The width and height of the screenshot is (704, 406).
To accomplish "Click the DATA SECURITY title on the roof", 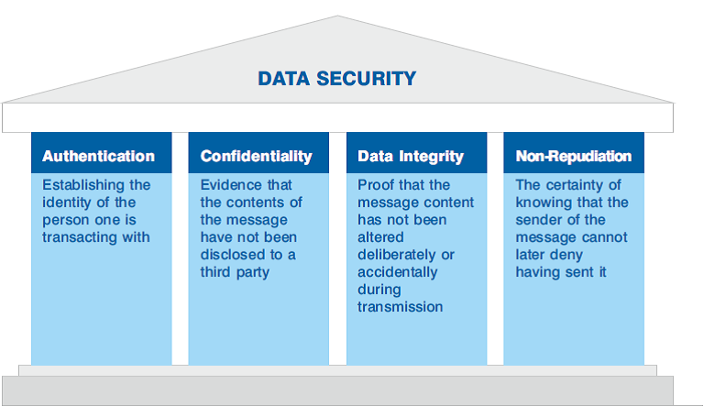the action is (336, 79).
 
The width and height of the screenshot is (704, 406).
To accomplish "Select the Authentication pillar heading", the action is (98, 156).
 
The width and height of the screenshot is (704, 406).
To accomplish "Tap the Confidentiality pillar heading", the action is (256, 156).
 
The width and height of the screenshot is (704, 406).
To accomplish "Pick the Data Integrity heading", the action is (411, 157).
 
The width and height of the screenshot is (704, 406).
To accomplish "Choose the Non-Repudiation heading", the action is (573, 156).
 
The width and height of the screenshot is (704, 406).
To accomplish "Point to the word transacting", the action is (81, 237).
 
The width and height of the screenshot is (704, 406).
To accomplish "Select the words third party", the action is (235, 272).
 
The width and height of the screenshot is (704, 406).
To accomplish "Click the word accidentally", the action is (397, 272).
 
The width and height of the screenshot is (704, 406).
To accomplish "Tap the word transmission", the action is (400, 307).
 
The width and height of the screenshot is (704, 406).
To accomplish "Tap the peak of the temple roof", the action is (337, 16).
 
